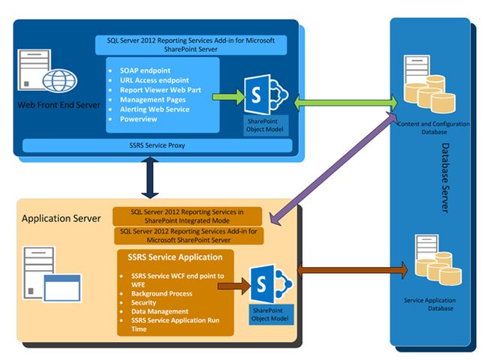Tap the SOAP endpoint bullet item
146,70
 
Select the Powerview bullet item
140,119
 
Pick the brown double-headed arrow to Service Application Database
353,268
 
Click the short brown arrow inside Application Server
237,284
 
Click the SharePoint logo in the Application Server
270,283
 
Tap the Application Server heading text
60,218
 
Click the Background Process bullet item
161,293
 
